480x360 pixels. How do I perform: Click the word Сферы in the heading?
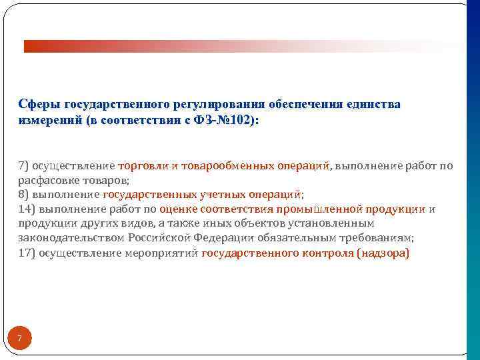click(x=39, y=105)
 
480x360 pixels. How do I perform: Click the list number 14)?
click(x=27, y=209)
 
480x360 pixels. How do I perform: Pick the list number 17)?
click(x=27, y=253)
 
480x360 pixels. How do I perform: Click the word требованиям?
click(x=379, y=239)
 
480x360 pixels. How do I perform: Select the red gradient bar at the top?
click(x=240, y=46)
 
